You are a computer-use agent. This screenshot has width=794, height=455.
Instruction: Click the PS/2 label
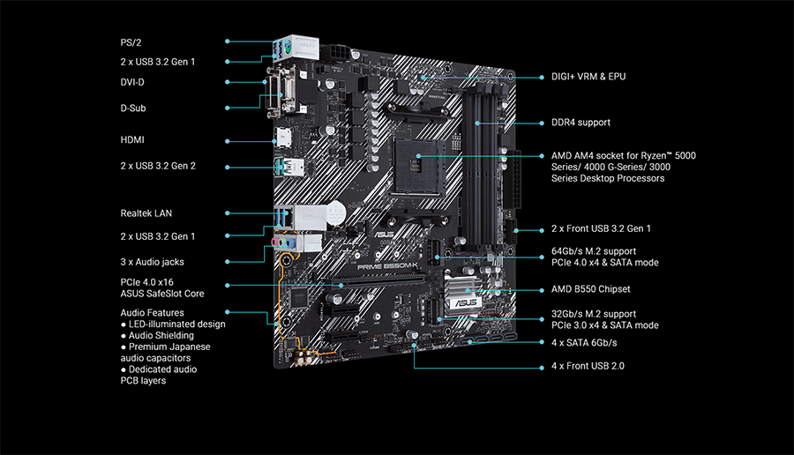pyautogui.click(x=131, y=42)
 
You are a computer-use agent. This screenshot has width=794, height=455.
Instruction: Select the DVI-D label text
pyautogui.click(x=133, y=82)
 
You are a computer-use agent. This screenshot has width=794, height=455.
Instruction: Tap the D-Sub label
pyautogui.click(x=133, y=108)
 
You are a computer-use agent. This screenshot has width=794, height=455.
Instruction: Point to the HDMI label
pyautogui.click(x=132, y=140)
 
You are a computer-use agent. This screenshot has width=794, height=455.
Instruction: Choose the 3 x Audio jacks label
pyautogui.click(x=152, y=262)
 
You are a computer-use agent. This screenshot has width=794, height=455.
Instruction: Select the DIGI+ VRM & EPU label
pyautogui.click(x=588, y=77)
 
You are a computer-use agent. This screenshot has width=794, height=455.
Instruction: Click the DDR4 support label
pyautogui.click(x=581, y=123)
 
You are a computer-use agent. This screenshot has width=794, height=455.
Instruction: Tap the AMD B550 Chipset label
pyautogui.click(x=591, y=289)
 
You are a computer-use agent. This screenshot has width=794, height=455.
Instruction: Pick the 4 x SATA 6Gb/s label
pyautogui.click(x=584, y=342)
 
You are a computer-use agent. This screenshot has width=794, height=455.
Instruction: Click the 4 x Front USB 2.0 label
pyautogui.click(x=588, y=365)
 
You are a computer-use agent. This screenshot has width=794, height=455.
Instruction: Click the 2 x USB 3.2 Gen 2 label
pyautogui.click(x=158, y=166)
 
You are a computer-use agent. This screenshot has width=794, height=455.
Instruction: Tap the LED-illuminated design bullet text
pyautogui.click(x=176, y=324)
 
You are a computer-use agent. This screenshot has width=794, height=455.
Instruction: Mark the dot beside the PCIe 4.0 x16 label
pyautogui.click(x=228, y=285)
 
